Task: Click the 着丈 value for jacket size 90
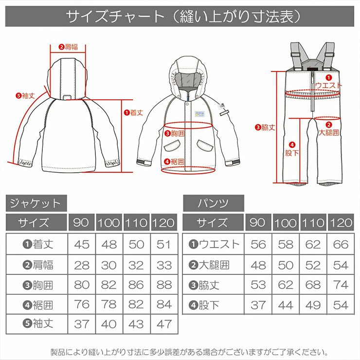click(x=82, y=244)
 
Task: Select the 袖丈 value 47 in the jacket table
click(x=164, y=324)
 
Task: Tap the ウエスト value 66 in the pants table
click(x=341, y=244)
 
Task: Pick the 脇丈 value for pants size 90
click(x=258, y=285)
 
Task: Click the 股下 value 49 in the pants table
click(x=313, y=305)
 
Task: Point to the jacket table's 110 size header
click(x=136, y=222)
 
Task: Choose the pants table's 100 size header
click(x=286, y=222)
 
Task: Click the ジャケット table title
click(x=36, y=203)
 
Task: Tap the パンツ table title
click(x=213, y=203)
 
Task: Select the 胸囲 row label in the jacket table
click(x=38, y=285)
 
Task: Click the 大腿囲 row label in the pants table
click(x=209, y=265)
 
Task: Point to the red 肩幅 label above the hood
click(x=68, y=47)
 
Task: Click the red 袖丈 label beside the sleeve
click(x=25, y=95)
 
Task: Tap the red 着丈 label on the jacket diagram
click(x=133, y=112)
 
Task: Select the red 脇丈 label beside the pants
click(x=265, y=127)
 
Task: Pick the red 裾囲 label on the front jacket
click(x=174, y=162)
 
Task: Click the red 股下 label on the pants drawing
click(x=292, y=149)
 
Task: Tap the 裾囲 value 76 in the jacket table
click(x=82, y=305)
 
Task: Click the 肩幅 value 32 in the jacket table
click(x=136, y=265)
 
